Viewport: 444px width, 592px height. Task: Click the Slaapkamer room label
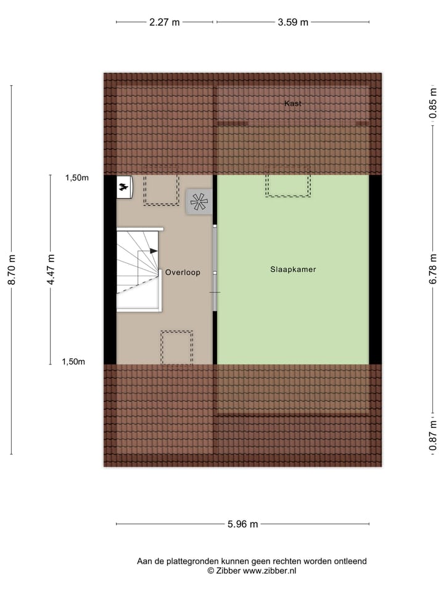point(293,269)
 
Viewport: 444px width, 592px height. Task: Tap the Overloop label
point(183,272)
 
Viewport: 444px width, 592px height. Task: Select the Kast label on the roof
point(293,104)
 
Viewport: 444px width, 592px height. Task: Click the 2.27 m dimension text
point(165,23)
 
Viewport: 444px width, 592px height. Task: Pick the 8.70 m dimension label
point(11,269)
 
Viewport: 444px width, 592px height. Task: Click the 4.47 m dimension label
point(51,269)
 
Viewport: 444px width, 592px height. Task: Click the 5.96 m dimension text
point(243,525)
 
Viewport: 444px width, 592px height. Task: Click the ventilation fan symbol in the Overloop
point(199,202)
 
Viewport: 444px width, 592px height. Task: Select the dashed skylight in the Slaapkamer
point(288,185)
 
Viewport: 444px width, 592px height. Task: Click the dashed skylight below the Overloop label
point(177,347)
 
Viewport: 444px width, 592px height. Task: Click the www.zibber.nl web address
point(269,571)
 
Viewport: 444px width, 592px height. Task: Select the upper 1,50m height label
point(77,178)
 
